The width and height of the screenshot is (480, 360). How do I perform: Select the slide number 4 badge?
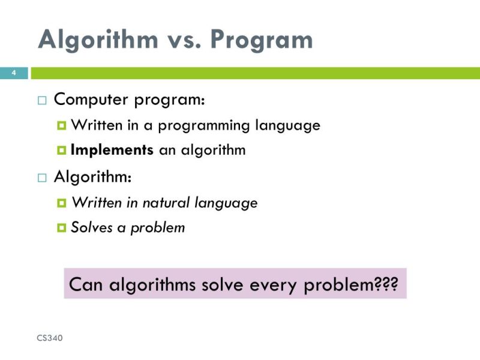(13, 73)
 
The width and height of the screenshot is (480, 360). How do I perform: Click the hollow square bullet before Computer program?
(41, 101)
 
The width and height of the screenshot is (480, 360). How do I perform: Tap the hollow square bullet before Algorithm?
(41, 178)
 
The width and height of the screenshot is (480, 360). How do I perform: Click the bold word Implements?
(112, 150)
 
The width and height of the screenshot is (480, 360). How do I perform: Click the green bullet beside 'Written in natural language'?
(61, 203)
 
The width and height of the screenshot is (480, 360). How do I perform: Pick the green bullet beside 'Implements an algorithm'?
(61, 151)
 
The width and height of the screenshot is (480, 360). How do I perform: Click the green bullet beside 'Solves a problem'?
(61, 228)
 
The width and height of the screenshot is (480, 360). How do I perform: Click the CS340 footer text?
(50, 338)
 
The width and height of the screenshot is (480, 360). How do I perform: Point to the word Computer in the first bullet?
(91, 100)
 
